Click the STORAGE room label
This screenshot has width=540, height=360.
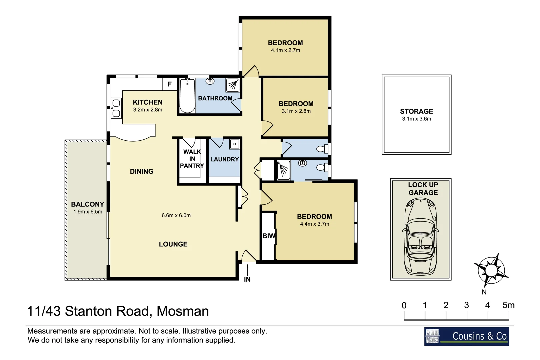coord(416,111)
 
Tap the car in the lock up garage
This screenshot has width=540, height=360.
coord(421,237)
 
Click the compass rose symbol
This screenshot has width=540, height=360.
coord(491,270)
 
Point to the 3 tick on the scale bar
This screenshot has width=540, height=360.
coord(467,305)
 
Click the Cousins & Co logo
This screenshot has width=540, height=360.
coord(466,336)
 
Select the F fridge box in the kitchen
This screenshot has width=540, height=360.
coord(170,84)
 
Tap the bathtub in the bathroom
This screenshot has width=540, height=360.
coord(187,96)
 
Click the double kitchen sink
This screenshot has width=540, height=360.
coord(116,108)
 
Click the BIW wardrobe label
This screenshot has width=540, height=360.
coord(269,236)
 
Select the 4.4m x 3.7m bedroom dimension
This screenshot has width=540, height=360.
coord(314,224)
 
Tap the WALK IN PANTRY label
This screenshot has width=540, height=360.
coord(192,159)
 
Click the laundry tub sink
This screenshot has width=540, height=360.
coord(235,144)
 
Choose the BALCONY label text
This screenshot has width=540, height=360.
coord(87,204)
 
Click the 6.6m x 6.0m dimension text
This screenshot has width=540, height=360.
coord(176,215)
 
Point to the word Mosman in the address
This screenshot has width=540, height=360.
coord(183,311)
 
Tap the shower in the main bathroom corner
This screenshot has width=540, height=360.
coord(233,85)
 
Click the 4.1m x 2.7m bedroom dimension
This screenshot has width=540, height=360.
coord(285,50)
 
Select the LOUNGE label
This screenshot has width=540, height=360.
coord(173,244)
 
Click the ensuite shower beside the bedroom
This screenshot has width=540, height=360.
coord(283,170)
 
